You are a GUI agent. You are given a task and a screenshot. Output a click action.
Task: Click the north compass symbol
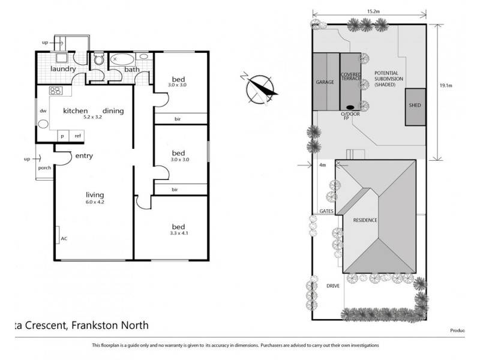(x=261, y=88)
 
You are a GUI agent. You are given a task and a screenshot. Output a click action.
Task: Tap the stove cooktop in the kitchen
(x=56, y=92)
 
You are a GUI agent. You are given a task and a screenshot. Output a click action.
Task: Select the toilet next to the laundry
(x=100, y=60)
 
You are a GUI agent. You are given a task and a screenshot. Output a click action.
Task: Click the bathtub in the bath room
(x=124, y=60)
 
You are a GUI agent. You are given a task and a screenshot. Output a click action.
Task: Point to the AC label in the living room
(x=64, y=238)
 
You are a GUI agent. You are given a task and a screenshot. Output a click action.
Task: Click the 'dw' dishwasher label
(x=43, y=111)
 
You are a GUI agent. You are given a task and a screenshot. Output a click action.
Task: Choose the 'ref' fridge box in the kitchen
(x=77, y=136)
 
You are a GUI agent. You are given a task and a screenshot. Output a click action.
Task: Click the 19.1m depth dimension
(x=445, y=86)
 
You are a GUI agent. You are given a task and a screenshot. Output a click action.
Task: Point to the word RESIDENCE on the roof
(x=365, y=220)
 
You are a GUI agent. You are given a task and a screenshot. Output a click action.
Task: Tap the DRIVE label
(x=333, y=286)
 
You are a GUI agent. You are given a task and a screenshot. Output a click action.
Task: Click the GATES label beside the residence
(x=326, y=212)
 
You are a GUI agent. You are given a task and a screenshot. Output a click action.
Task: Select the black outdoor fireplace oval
(x=350, y=108)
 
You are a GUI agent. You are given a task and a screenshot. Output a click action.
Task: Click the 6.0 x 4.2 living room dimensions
(x=95, y=203)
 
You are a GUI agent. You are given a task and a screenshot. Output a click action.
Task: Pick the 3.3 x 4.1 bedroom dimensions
(x=179, y=233)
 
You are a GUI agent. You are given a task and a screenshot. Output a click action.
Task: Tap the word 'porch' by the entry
(x=44, y=167)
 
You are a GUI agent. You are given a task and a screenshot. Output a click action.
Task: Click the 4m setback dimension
(x=322, y=165)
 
